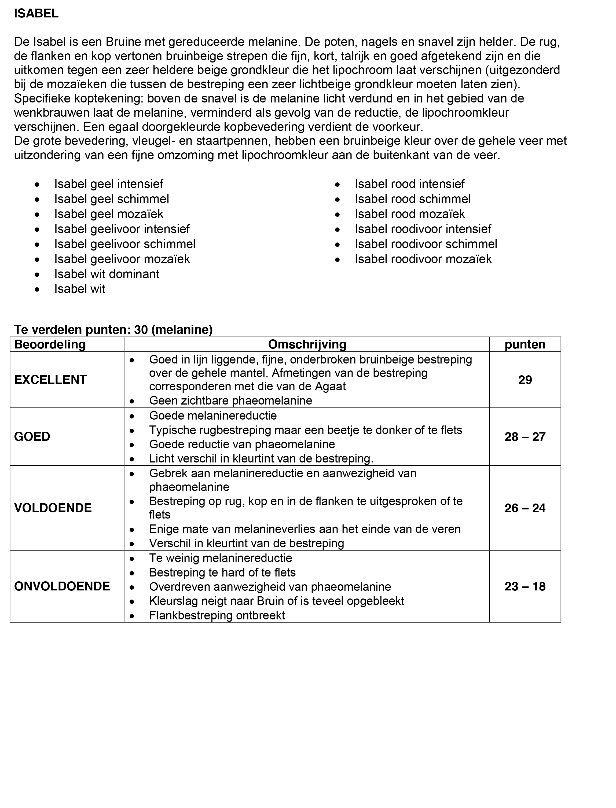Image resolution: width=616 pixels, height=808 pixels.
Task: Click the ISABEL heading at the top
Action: pyautogui.click(x=36, y=14)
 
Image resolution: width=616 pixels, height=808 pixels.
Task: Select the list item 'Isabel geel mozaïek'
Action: pyautogui.click(x=109, y=214)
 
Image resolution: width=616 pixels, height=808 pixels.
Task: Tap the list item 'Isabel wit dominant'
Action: pyautogui.click(x=107, y=274)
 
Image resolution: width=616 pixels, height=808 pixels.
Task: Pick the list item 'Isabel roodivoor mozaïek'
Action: pyautogui.click(x=423, y=259)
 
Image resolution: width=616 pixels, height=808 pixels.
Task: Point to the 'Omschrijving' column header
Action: pyautogui.click(x=307, y=345)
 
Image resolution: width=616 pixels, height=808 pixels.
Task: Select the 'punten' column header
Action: pyautogui.click(x=525, y=345)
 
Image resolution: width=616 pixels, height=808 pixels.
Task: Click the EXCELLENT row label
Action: pyautogui.click(x=50, y=380)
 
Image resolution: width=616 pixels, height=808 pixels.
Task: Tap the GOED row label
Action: pyautogui.click(x=32, y=437)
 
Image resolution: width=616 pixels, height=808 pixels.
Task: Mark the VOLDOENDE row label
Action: pyautogui.click(x=53, y=508)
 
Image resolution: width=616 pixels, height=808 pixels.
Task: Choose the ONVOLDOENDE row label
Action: pyautogui.click(x=62, y=587)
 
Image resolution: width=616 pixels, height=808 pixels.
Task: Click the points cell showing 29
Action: pyautogui.click(x=525, y=380)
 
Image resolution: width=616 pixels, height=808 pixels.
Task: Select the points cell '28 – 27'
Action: pyautogui.click(x=525, y=437)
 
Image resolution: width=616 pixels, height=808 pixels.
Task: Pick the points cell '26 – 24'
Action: pyautogui.click(x=525, y=508)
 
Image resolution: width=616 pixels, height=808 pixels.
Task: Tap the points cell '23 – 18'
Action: pyautogui.click(x=525, y=587)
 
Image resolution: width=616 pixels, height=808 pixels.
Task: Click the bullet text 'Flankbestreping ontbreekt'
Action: pyautogui.click(x=217, y=616)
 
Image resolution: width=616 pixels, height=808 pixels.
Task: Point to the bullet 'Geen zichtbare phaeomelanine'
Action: pyautogui.click(x=230, y=401)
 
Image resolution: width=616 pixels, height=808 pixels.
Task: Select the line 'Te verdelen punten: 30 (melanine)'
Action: pyautogui.click(x=113, y=330)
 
